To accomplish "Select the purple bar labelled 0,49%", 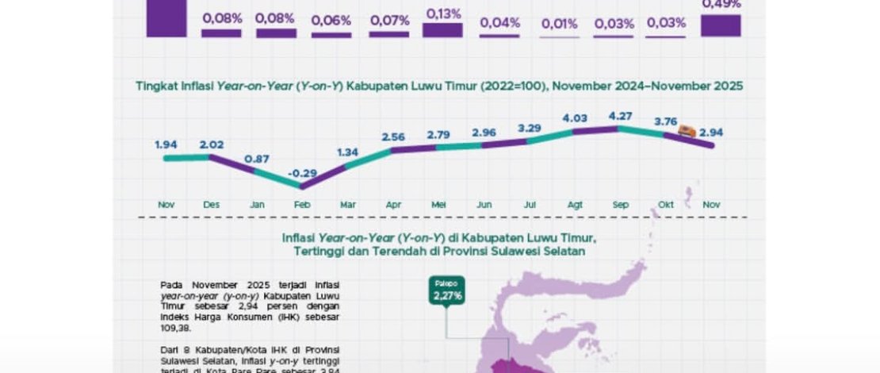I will (x=721, y=25).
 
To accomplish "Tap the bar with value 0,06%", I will (x=331, y=34).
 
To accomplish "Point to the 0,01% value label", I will (x=560, y=24).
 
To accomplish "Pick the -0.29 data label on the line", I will (x=300, y=172).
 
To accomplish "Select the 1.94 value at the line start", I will (x=166, y=144).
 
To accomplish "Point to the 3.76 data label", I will (x=666, y=121).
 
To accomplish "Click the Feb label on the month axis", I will (x=302, y=205).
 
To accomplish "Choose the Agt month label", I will (x=575, y=205).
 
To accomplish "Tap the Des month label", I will (x=211, y=205).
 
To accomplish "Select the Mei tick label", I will (x=438, y=205).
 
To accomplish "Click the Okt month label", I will (x=666, y=205).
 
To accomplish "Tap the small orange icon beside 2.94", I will (x=689, y=132).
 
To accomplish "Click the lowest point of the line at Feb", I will (x=301, y=186).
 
